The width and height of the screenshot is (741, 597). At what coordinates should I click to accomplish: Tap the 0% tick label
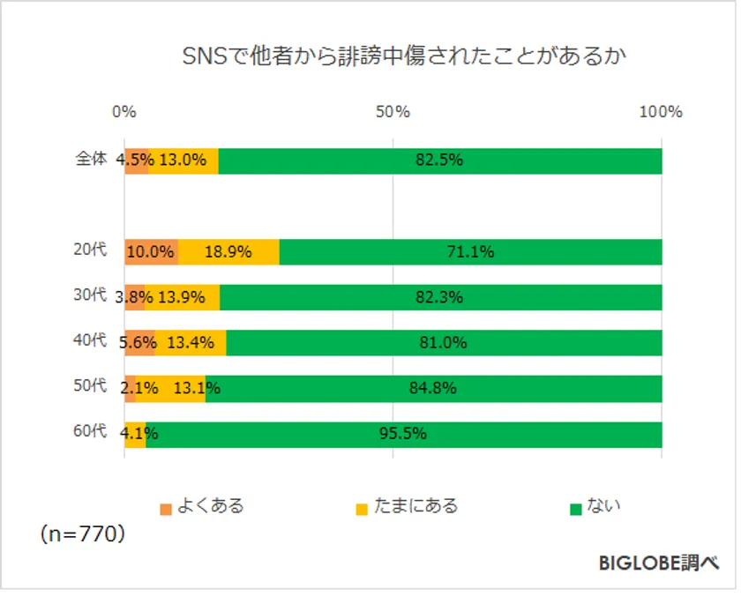click(x=124, y=112)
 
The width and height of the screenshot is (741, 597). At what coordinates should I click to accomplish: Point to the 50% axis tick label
click(x=393, y=112)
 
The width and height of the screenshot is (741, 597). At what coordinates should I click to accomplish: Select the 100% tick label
click(x=661, y=112)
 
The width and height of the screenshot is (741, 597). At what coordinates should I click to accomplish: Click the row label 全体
click(x=90, y=160)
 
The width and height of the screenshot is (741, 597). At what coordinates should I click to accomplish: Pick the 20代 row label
click(x=90, y=250)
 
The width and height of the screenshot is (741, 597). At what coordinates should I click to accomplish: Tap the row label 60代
click(x=90, y=432)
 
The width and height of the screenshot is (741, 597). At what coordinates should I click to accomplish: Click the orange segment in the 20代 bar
click(x=151, y=251)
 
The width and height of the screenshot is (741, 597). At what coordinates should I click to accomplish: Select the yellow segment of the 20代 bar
click(x=229, y=251)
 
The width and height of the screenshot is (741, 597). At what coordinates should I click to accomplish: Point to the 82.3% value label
click(x=439, y=297)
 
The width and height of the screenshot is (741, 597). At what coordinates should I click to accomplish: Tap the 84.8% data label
click(x=432, y=388)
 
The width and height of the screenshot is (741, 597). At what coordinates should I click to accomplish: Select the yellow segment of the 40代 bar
click(x=191, y=342)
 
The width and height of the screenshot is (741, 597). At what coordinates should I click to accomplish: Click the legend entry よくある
click(x=202, y=507)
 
